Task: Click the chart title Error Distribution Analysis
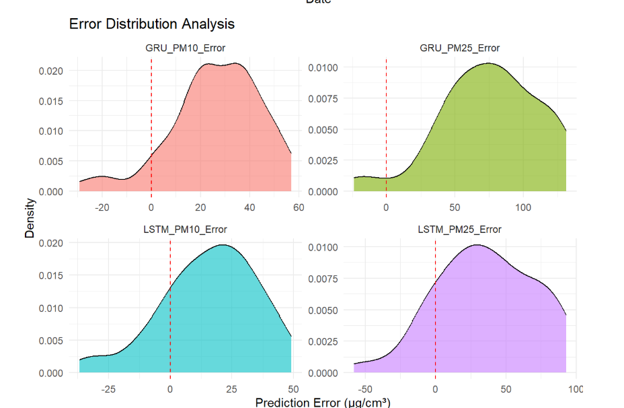point(152,24)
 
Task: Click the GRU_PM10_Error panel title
point(186,48)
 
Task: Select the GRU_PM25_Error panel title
point(459,48)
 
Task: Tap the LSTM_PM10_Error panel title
point(185,230)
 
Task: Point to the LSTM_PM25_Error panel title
point(459,230)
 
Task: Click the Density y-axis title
point(30,217)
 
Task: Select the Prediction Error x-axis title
point(323,403)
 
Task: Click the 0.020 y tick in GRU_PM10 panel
point(52,71)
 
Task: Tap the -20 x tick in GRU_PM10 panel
point(102,207)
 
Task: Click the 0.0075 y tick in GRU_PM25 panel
point(327,98)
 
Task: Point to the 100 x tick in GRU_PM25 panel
point(523,207)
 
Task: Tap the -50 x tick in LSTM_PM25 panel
point(365,388)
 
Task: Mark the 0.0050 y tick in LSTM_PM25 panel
point(327,310)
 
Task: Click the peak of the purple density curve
point(477,245)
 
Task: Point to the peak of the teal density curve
point(221,245)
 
